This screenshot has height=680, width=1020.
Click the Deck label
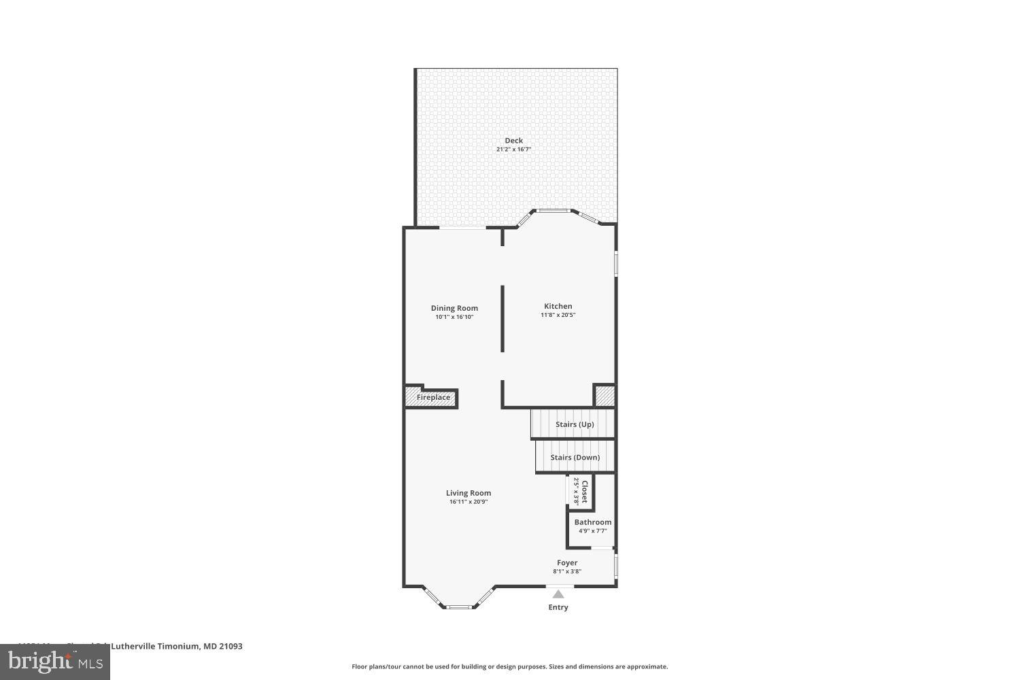point(513,141)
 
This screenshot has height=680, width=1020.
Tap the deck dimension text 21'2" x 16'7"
point(513,150)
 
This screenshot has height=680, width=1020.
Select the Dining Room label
point(454,308)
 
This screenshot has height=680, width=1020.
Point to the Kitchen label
point(558,306)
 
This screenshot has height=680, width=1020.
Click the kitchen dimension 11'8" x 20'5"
point(558,316)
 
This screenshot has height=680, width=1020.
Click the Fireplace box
point(432,398)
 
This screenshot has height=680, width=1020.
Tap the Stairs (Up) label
point(575,424)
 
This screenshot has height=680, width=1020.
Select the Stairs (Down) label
point(575,458)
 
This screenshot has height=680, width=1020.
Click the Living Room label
point(469,493)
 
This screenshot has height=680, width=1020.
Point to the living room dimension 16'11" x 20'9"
point(469,503)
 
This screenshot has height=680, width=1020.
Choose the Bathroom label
point(592,522)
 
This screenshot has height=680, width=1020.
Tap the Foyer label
point(567,563)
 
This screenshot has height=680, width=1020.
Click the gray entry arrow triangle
point(558,594)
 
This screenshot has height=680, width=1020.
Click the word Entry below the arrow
point(558,607)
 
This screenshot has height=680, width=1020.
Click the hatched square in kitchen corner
point(605,396)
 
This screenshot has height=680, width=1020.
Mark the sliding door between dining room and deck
point(462,228)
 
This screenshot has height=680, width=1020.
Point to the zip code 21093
point(229,647)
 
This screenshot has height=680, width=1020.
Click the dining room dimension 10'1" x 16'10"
point(454,317)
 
